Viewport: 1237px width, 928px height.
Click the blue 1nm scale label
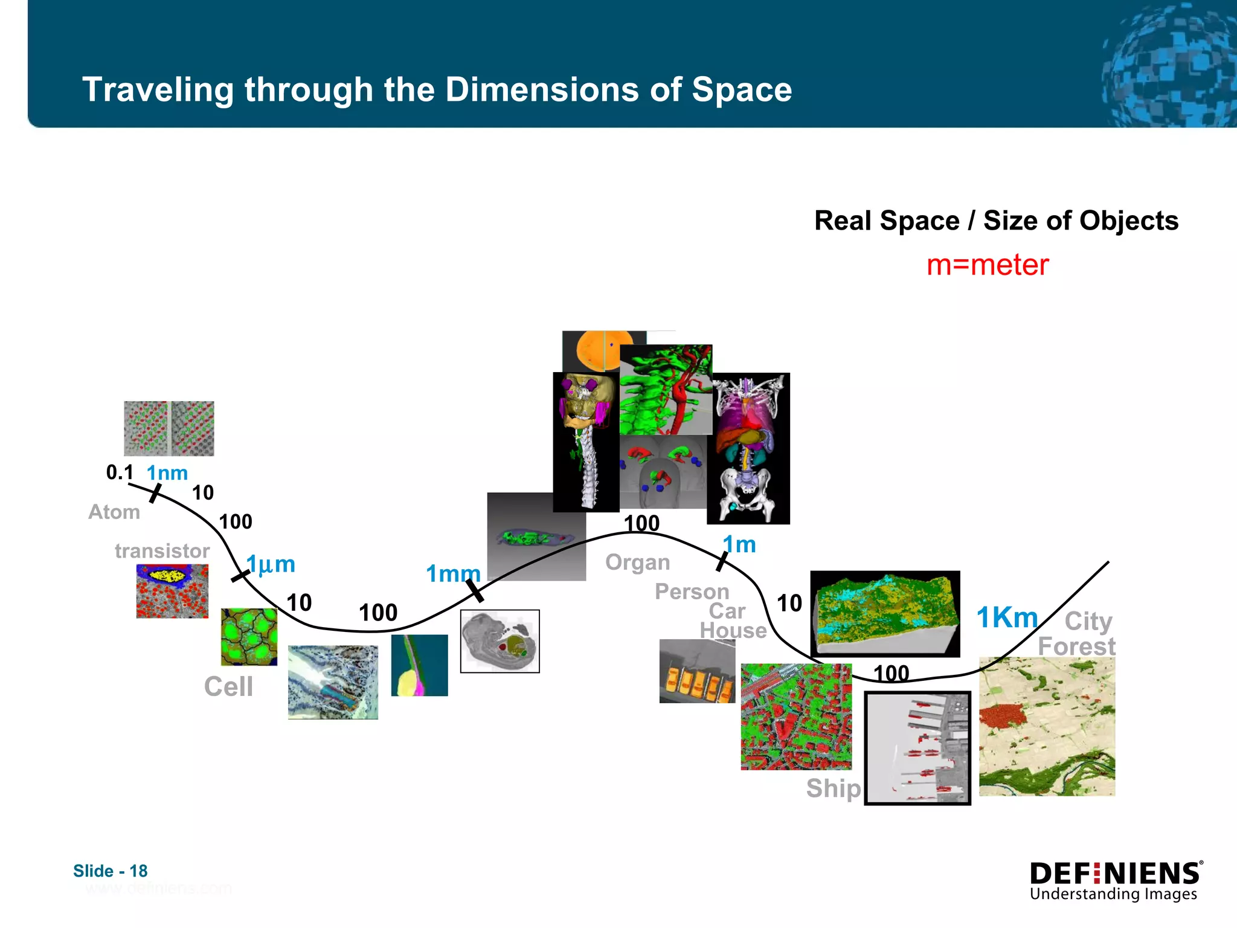(167, 473)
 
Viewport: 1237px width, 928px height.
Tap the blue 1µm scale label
(271, 564)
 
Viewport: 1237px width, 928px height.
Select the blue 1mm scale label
(453, 573)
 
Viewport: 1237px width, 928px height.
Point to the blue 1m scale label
(739, 545)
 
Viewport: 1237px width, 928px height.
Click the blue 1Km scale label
(1007, 618)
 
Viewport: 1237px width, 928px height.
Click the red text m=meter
(988, 265)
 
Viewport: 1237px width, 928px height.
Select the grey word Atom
(114, 512)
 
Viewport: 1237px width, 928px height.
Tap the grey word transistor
(162, 551)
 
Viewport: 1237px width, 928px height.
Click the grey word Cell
(228, 687)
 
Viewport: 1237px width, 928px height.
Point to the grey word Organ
(637, 562)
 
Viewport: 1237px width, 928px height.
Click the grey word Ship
(833, 788)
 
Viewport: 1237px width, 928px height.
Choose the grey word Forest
(1076, 646)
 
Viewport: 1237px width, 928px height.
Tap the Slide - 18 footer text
(111, 871)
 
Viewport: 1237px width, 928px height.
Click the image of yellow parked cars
(696, 672)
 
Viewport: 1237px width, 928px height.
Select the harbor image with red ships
(917, 748)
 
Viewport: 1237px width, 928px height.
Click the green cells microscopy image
(249, 637)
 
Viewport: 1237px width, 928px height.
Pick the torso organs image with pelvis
(748, 448)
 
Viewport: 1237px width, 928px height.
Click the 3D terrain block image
(885, 614)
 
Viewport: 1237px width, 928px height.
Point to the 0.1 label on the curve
(120, 472)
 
